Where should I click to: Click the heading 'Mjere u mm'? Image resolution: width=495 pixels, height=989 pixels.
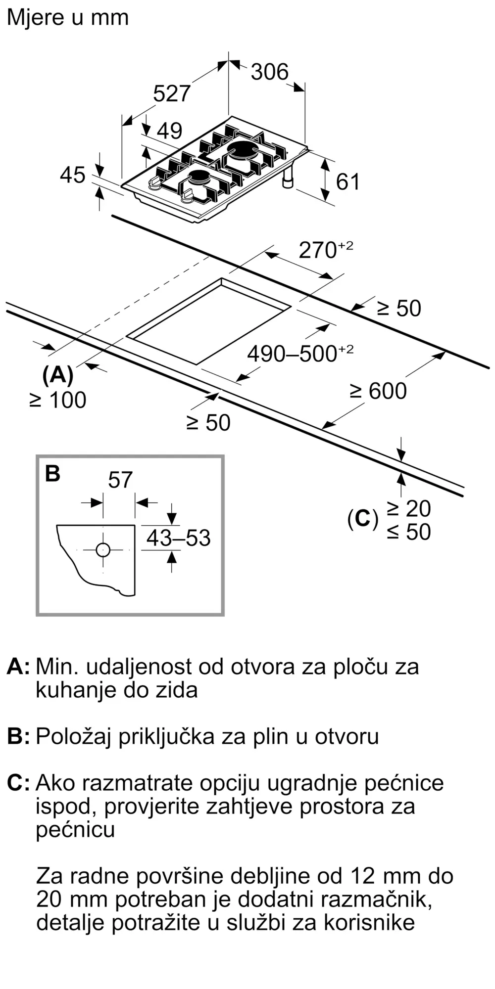coord(68,18)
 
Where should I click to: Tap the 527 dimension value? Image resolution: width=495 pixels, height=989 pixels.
coord(171,93)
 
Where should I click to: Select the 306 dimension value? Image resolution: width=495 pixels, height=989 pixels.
coord(269,72)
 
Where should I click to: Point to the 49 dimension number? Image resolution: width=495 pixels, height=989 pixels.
coord(169,131)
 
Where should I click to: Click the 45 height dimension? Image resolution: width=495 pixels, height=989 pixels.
coord(72,175)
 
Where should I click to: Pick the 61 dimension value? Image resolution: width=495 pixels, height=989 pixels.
coord(347,182)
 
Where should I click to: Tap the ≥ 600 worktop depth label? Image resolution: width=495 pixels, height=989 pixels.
coord(379,391)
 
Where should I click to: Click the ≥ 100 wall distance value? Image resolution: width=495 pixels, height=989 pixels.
coord(58,400)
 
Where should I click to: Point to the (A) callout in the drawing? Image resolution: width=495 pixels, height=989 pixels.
coord(58,375)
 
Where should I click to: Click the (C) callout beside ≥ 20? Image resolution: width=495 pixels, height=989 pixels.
coord(362,519)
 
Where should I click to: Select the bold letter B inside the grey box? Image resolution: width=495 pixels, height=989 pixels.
coord(52,473)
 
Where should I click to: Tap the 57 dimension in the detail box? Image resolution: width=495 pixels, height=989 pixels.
coord(120,480)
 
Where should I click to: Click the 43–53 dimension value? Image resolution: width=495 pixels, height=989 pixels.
coord(178,538)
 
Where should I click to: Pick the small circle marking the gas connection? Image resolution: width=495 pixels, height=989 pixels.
coord(103,550)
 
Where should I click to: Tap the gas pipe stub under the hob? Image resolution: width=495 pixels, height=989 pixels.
coord(288,179)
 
